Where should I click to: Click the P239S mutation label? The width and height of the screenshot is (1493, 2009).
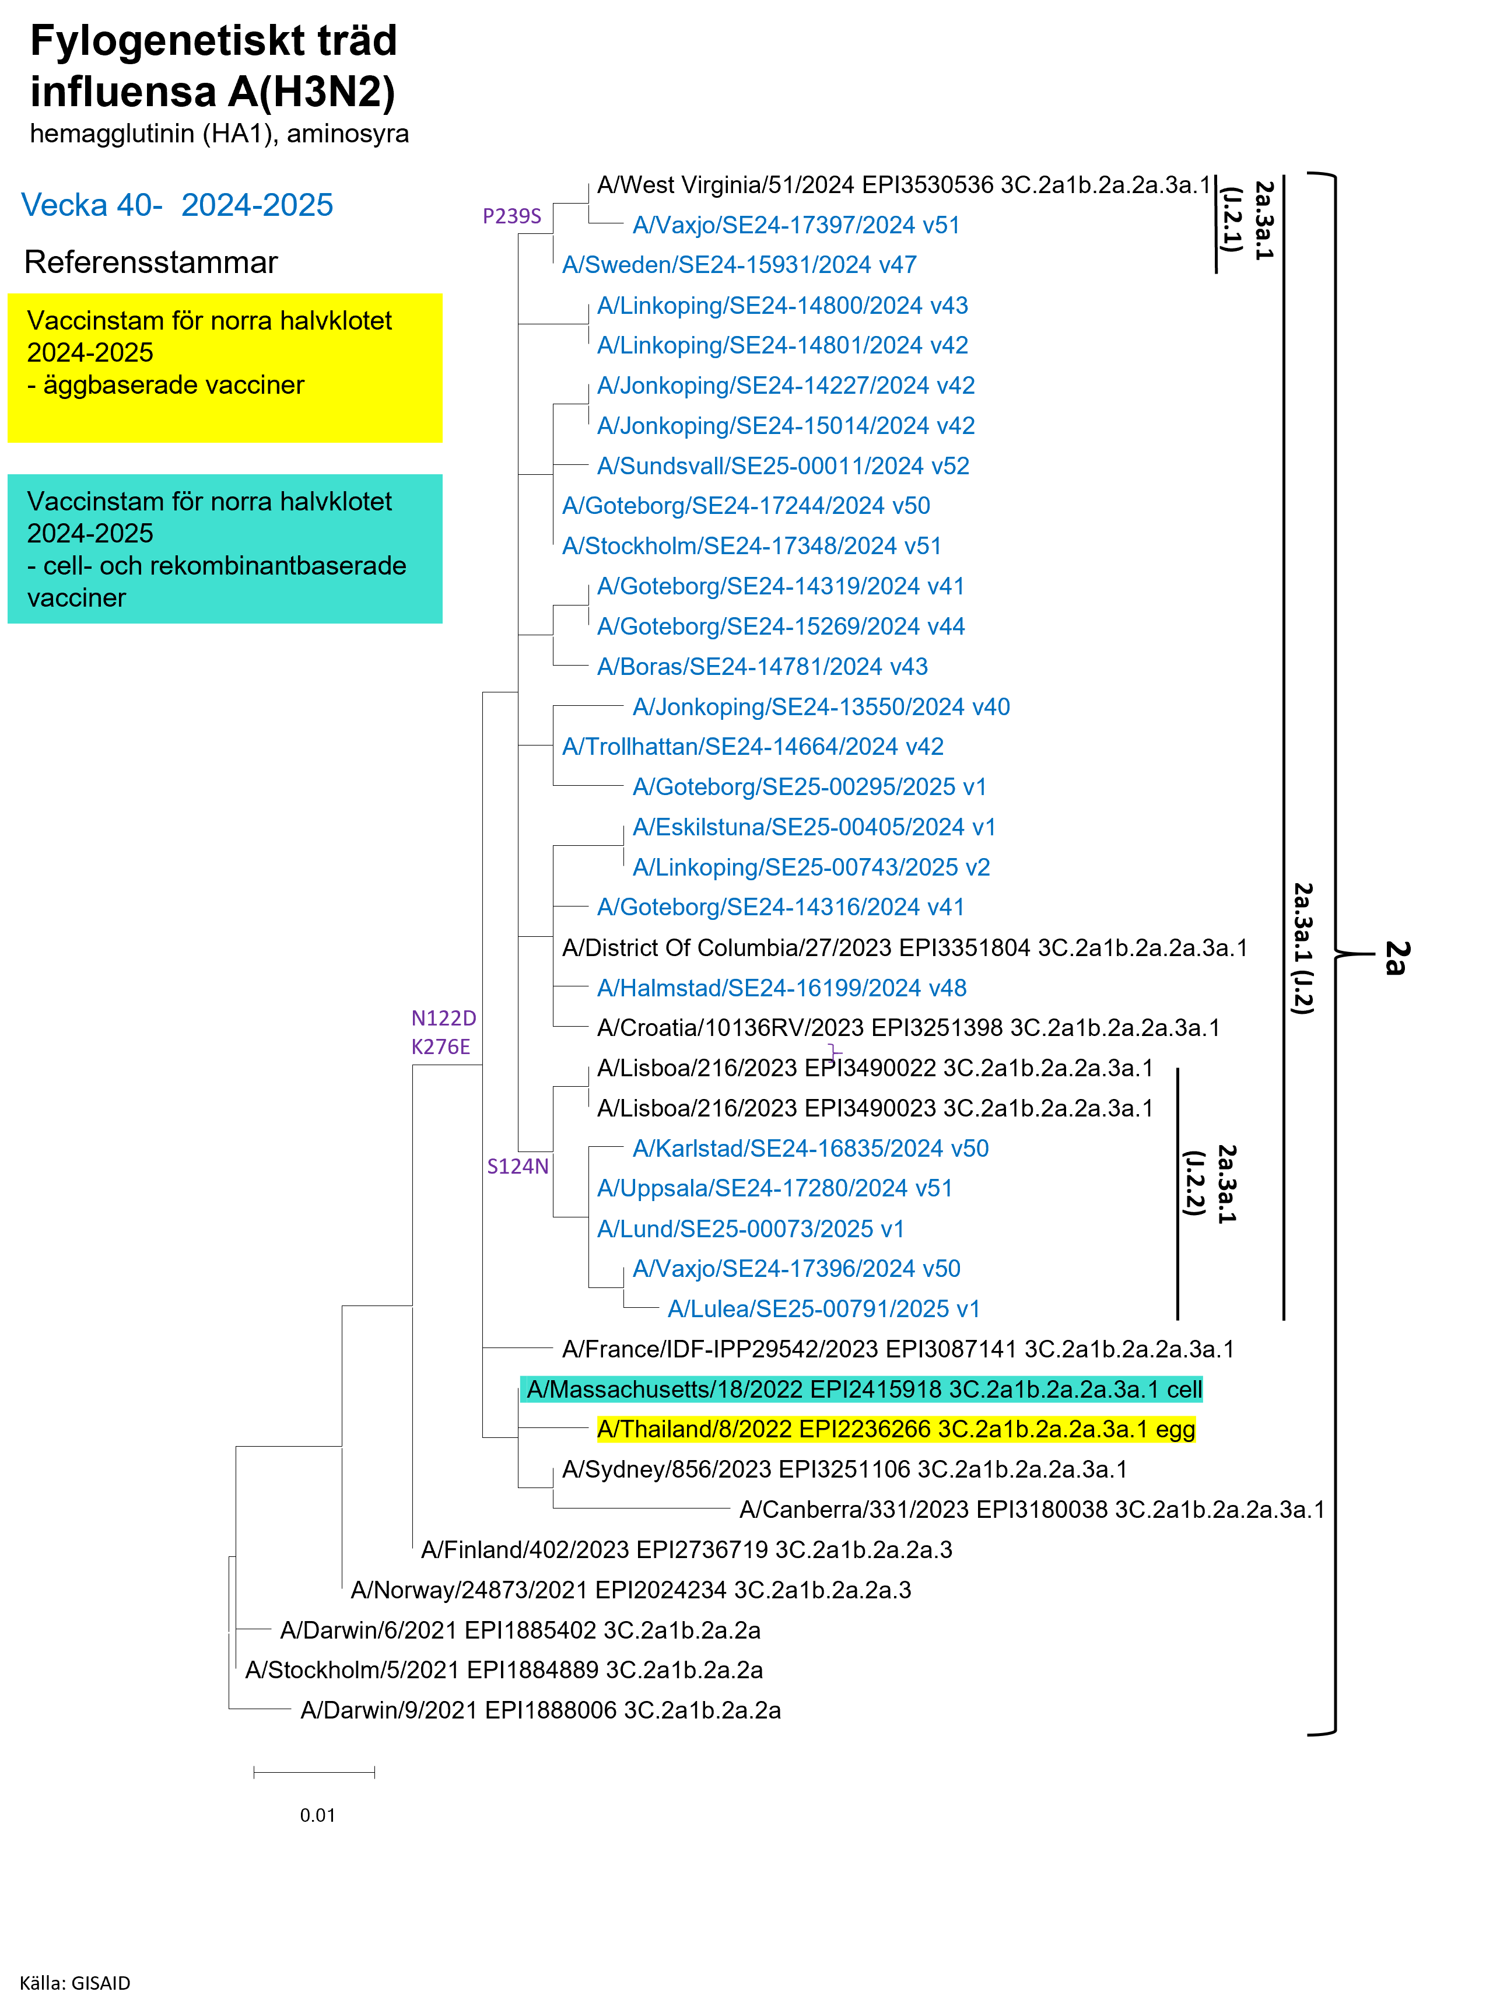511,216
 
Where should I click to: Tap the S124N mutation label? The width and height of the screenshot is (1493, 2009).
518,1167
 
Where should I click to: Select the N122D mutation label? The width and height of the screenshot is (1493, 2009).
444,1019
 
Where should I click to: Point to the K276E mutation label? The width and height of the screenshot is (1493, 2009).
441,1048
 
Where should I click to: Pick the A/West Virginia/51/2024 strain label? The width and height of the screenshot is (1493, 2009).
903,185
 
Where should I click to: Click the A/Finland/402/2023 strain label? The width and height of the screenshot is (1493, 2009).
686,1550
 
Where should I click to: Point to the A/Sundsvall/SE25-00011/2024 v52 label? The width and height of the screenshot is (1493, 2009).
783,466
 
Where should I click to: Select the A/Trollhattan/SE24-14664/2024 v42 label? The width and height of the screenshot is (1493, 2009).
753,747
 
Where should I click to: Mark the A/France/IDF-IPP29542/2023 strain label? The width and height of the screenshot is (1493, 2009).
898,1349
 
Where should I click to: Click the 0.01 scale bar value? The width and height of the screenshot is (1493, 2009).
317,1815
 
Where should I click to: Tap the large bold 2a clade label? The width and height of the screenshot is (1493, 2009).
1396,958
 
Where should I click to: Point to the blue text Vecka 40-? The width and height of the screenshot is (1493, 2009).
92,205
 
